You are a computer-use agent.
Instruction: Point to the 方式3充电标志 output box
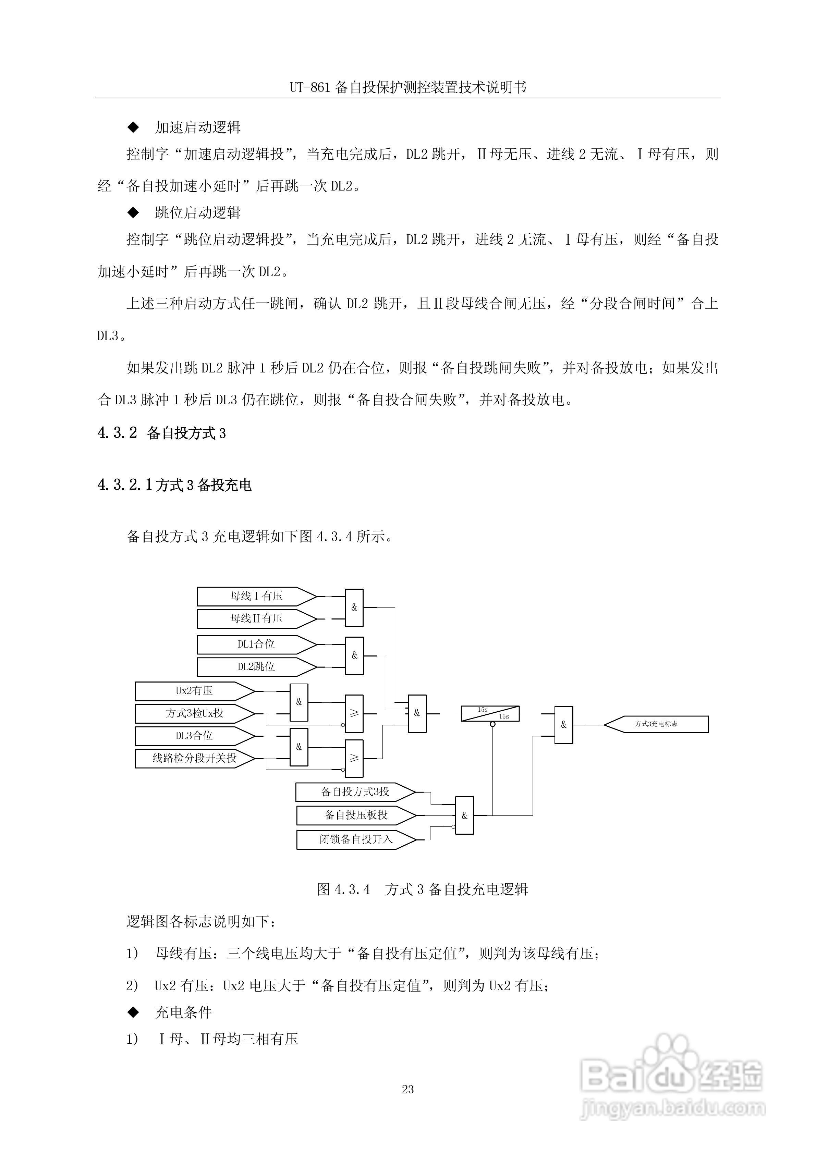(x=656, y=724)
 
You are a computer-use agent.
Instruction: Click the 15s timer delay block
(x=490, y=714)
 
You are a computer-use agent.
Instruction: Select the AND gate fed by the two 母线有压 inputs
(x=354, y=607)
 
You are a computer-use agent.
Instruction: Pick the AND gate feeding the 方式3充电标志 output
(x=564, y=725)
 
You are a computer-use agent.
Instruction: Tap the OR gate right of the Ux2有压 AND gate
(x=354, y=714)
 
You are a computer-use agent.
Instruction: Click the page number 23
(x=408, y=1089)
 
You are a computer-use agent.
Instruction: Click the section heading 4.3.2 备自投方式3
(x=161, y=433)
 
